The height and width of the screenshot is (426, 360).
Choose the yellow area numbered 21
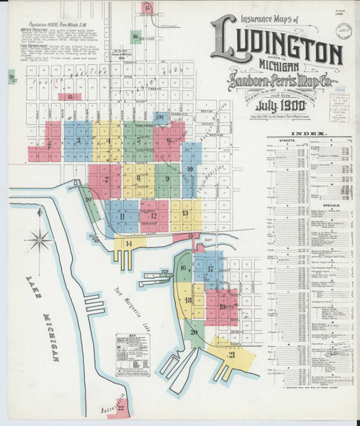(x=232, y=355)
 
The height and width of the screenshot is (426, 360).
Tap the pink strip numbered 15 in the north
(x=70, y=96)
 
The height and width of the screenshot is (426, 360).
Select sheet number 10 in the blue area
(x=190, y=170)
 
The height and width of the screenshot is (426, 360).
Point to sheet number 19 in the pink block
(x=222, y=307)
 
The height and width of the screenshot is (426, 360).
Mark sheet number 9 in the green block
(x=167, y=178)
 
